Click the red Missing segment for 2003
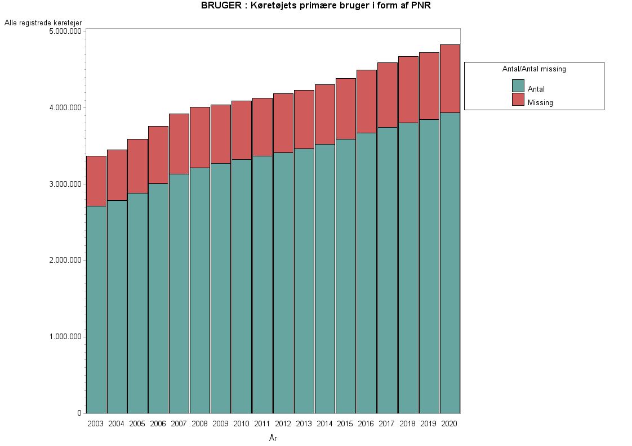pyautogui.click(x=96, y=181)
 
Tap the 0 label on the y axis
pyautogui.click(x=79, y=413)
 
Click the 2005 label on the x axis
pyautogui.click(x=137, y=424)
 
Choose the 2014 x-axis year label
pyautogui.click(x=324, y=424)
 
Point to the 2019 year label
pyautogui.click(x=429, y=424)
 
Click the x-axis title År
pyautogui.click(x=273, y=438)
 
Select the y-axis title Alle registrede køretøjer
pyautogui.click(x=43, y=22)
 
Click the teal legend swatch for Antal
pyautogui.click(x=518, y=86)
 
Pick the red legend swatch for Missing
pyautogui.click(x=518, y=100)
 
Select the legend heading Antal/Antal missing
pyautogui.click(x=534, y=69)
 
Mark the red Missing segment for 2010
pyautogui.click(x=242, y=130)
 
